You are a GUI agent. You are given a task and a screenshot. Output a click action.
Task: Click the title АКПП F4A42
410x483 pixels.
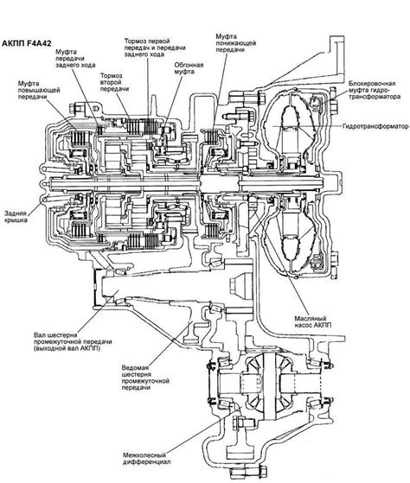27,43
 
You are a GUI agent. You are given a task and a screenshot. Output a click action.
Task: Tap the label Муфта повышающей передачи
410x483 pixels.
39,90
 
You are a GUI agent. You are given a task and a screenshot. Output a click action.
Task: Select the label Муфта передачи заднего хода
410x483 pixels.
75,58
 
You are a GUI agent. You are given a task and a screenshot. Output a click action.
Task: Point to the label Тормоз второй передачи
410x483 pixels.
114,82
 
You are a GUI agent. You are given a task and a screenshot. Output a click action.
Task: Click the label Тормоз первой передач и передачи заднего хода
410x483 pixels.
155,48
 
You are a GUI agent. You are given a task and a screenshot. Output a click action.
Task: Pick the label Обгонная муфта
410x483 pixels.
189,68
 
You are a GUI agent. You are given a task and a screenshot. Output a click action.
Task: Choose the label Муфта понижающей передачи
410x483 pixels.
235,43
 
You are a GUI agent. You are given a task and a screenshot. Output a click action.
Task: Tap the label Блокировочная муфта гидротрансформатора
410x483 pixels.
375,90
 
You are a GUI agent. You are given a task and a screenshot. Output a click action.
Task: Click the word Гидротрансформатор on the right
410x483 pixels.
375,126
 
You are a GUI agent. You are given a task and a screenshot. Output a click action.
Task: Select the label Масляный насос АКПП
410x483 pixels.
312,321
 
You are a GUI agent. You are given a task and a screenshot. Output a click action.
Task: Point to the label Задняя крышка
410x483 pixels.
16,217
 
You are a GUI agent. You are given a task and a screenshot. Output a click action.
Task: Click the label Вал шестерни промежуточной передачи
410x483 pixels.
73,341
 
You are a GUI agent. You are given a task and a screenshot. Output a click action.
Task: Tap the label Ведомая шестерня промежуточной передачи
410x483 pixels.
145,378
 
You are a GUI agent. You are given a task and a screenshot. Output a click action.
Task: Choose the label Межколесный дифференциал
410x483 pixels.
146,459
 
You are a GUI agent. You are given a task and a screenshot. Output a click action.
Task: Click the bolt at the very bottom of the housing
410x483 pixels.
248,472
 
